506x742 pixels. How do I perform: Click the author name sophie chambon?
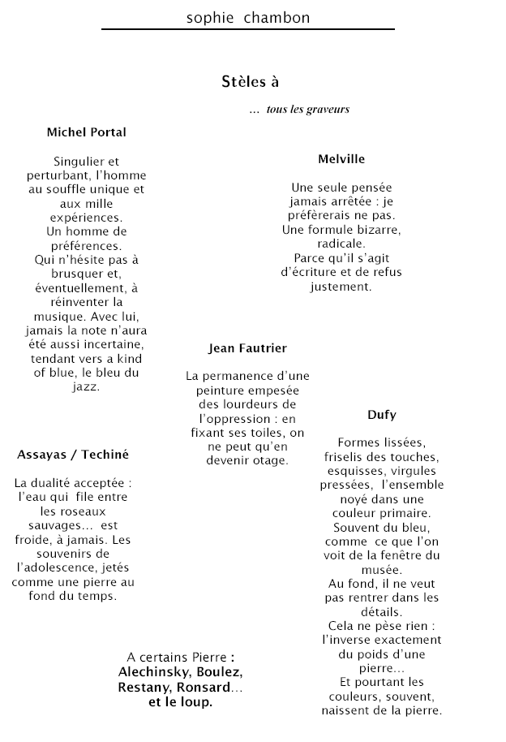click(x=247, y=17)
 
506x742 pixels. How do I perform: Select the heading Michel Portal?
click(x=87, y=132)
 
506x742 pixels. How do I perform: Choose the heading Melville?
click(x=341, y=159)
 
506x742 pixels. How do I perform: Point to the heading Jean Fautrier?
click(x=247, y=348)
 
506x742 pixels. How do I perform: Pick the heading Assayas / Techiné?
click(x=73, y=455)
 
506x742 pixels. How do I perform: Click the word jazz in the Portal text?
click(x=86, y=386)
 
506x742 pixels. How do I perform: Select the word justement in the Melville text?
click(x=341, y=287)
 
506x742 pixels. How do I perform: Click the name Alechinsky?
click(x=152, y=673)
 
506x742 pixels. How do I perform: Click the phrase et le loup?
click(x=180, y=702)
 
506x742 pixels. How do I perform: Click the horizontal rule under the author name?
click(x=247, y=30)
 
